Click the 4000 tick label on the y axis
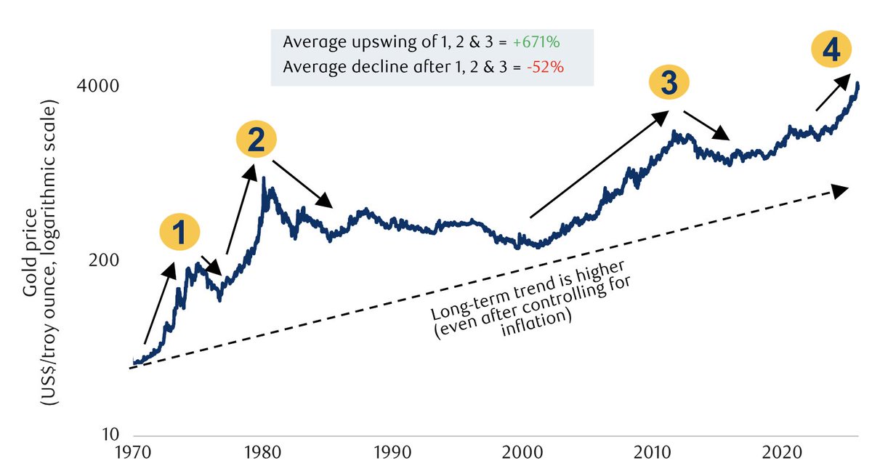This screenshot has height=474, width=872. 99,87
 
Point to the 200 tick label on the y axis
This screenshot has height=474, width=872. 104,261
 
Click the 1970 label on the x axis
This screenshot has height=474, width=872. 134,454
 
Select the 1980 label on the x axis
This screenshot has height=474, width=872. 263,454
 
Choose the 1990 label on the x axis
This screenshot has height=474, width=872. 393,454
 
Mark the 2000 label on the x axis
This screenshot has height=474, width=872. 522,454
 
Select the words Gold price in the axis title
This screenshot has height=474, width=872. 31,265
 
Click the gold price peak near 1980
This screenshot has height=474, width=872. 263,177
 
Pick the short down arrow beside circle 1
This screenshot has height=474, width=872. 211,265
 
